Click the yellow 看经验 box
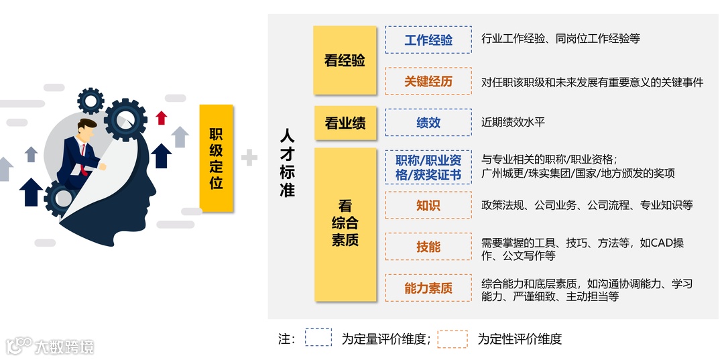pyautogui.click(x=345, y=60)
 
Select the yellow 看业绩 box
pyautogui.click(x=345, y=123)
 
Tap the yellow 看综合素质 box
pyautogui.click(x=345, y=223)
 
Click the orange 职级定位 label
pyautogui.click(x=216, y=158)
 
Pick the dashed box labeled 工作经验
pyautogui.click(x=428, y=40)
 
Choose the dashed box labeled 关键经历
pyautogui.click(x=428, y=81)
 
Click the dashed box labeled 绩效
pyautogui.click(x=428, y=123)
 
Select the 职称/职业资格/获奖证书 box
pyautogui.click(x=428, y=168)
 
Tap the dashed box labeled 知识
pyautogui.click(x=428, y=205)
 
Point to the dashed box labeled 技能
pyautogui.click(x=428, y=247)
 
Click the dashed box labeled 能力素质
pyautogui.click(x=428, y=288)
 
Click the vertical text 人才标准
pyautogui.click(x=287, y=163)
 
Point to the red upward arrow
pyautogui.click(x=161, y=118)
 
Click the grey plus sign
pyautogui.click(x=249, y=158)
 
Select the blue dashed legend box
pyautogui.click(x=318, y=337)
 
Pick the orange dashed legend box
pyautogui.click(x=452, y=339)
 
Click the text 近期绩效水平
pyautogui.click(x=513, y=123)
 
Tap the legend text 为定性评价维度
pyautogui.click(x=520, y=339)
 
